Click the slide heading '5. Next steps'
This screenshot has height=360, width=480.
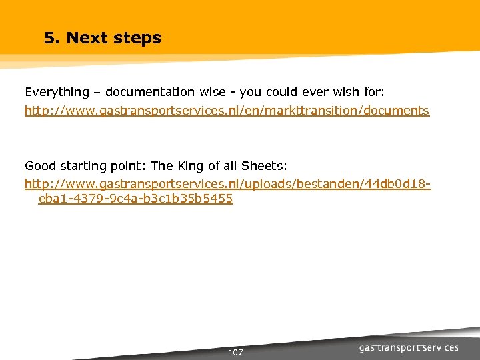tap(103, 38)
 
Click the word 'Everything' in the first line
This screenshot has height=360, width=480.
tap(57, 92)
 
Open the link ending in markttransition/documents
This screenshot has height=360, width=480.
tap(227, 111)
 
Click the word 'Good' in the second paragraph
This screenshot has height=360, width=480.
tap(39, 165)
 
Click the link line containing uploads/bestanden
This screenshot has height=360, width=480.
tap(227, 183)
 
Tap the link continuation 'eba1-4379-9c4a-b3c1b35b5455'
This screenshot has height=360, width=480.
tap(135, 199)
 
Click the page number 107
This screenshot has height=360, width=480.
tap(235, 352)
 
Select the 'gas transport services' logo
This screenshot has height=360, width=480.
tap(409, 348)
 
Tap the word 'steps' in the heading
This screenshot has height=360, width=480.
tap(137, 38)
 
